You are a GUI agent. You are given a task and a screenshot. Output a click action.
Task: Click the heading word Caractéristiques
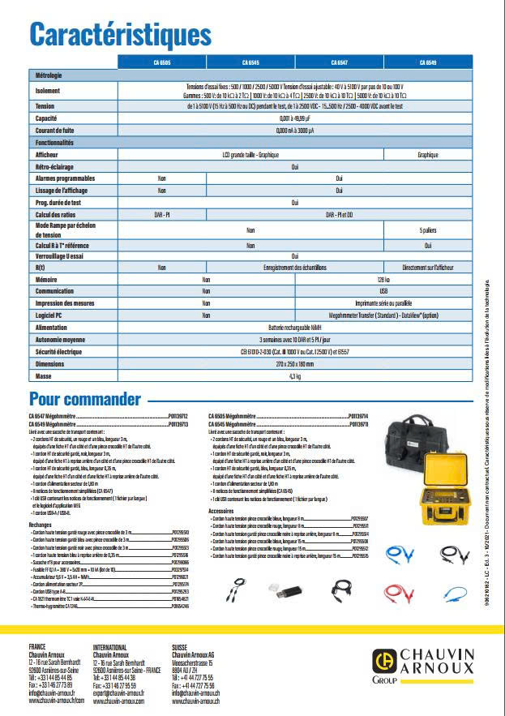(x=120, y=33)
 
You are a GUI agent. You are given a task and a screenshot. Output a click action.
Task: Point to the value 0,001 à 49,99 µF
(x=295, y=118)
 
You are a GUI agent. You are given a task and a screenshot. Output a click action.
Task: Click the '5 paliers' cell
(x=428, y=230)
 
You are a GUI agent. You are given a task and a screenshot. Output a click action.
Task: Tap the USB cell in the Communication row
(x=383, y=290)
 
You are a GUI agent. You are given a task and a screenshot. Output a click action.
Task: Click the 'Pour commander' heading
(x=85, y=399)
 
